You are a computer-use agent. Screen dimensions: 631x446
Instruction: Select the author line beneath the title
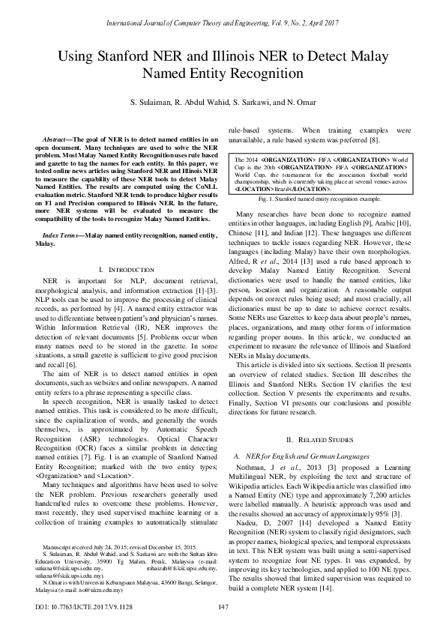[223, 101]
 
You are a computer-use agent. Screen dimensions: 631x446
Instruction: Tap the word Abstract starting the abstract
[54, 140]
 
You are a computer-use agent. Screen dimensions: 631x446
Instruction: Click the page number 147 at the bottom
[223, 607]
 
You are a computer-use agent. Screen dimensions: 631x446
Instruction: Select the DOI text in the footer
[73, 607]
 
